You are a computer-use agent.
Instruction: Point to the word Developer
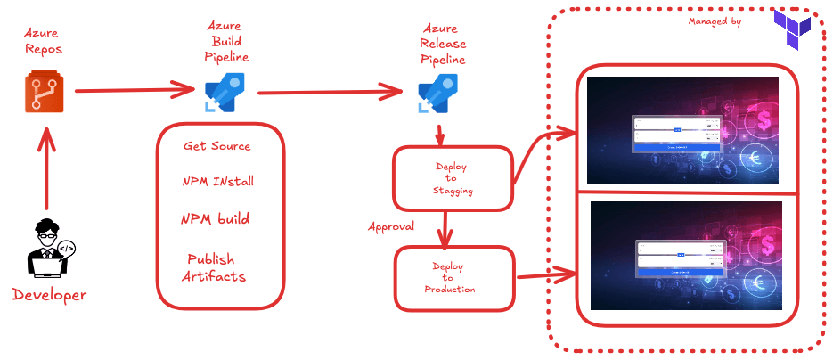pyautogui.click(x=50, y=295)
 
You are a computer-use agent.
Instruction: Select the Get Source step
pyautogui.click(x=217, y=146)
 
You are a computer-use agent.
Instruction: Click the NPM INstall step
pyautogui.click(x=218, y=182)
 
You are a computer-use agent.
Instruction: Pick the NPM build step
pyautogui.click(x=216, y=219)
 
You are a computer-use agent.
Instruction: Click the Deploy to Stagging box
pyautogui.click(x=453, y=178)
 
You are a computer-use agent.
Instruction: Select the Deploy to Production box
pyautogui.click(x=454, y=278)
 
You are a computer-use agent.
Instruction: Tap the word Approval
pyautogui.click(x=391, y=226)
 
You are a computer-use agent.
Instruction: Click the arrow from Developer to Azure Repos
pyautogui.click(x=45, y=169)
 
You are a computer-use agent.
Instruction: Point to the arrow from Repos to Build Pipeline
pyautogui.click(x=134, y=91)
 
